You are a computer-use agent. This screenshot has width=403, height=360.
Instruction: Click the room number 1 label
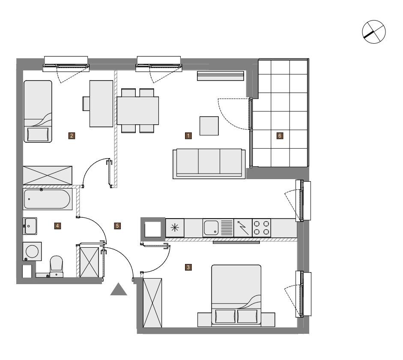point(188,136)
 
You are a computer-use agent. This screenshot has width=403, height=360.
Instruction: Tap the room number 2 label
point(72,136)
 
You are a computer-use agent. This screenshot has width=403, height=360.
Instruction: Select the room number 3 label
point(188,267)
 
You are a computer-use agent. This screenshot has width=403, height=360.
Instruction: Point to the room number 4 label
point(57,226)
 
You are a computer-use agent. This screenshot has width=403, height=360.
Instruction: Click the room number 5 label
point(117,226)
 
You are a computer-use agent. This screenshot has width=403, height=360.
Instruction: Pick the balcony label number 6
point(280,136)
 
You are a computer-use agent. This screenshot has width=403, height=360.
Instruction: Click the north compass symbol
point(374,32)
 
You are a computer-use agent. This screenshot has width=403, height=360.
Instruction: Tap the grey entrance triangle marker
point(119,289)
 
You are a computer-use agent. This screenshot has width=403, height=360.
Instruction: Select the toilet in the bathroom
point(56,267)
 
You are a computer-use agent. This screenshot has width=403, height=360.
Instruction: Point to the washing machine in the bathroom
point(32,251)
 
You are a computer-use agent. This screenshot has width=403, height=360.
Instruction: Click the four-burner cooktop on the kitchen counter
point(261,228)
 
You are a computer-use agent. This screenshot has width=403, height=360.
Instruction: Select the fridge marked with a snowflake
point(175,228)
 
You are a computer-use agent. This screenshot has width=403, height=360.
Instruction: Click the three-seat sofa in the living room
point(209,164)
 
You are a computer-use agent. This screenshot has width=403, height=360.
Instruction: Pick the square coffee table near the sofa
point(209,126)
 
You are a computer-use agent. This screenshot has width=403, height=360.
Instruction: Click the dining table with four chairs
point(138,111)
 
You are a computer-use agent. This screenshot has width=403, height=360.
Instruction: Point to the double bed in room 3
point(236,296)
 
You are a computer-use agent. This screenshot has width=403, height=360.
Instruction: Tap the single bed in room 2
point(38,111)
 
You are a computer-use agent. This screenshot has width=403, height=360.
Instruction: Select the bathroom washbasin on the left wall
point(30,226)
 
